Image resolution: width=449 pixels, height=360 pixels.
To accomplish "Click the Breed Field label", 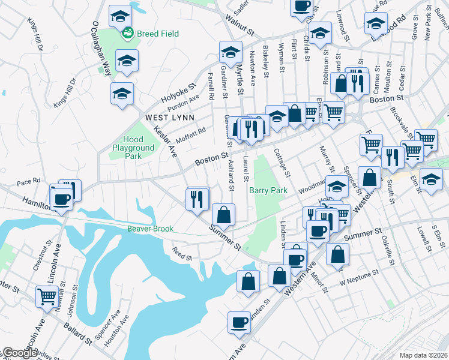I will click(x=157, y=34).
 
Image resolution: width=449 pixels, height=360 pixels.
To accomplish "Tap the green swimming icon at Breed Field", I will click(x=127, y=34).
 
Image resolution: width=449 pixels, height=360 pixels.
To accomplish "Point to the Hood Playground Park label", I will click(x=133, y=148).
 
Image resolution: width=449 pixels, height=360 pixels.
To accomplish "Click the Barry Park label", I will click(x=268, y=190).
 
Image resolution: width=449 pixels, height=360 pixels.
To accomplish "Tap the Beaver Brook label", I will click(x=150, y=229).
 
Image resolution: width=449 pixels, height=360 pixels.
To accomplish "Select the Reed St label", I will click(x=181, y=254).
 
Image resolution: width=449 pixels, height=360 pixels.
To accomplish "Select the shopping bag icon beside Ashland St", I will click(x=223, y=214).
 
